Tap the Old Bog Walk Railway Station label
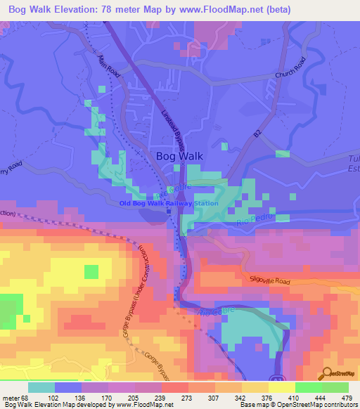[168, 204]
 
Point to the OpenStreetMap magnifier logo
[327, 373]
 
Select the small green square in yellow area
[91, 272]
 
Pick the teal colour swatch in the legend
[41, 387]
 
